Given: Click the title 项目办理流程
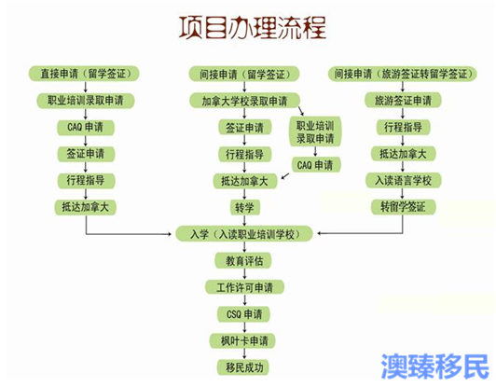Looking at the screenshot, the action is coord(253,28).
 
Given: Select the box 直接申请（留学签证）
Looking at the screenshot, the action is coord(84,74).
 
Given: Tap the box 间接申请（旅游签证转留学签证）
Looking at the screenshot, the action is coord(403,74).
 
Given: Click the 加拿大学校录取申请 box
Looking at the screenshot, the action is coord(244,101).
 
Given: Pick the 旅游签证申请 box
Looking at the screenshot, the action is coord(403,101).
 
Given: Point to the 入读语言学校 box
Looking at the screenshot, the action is coord(403,180).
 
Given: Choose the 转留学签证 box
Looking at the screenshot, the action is coord(403,207).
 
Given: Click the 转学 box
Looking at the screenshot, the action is coord(244,207).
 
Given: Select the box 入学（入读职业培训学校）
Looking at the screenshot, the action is coord(244,234).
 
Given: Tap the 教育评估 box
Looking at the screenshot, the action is coord(244,261).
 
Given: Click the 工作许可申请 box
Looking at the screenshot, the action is coord(244,287).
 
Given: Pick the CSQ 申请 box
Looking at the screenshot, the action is coord(244,314).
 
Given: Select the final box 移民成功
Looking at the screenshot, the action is coord(244,367).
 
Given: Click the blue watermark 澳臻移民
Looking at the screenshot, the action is coord(435,366).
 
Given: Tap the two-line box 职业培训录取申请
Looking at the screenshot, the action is coord(315,132).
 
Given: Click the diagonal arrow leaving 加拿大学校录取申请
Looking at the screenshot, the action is coord(301,111).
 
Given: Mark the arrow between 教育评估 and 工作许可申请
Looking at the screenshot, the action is coord(244,274).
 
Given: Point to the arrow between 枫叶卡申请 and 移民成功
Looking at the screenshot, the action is coord(244,354).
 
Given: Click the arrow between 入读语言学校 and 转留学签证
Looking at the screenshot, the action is coord(403,194).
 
